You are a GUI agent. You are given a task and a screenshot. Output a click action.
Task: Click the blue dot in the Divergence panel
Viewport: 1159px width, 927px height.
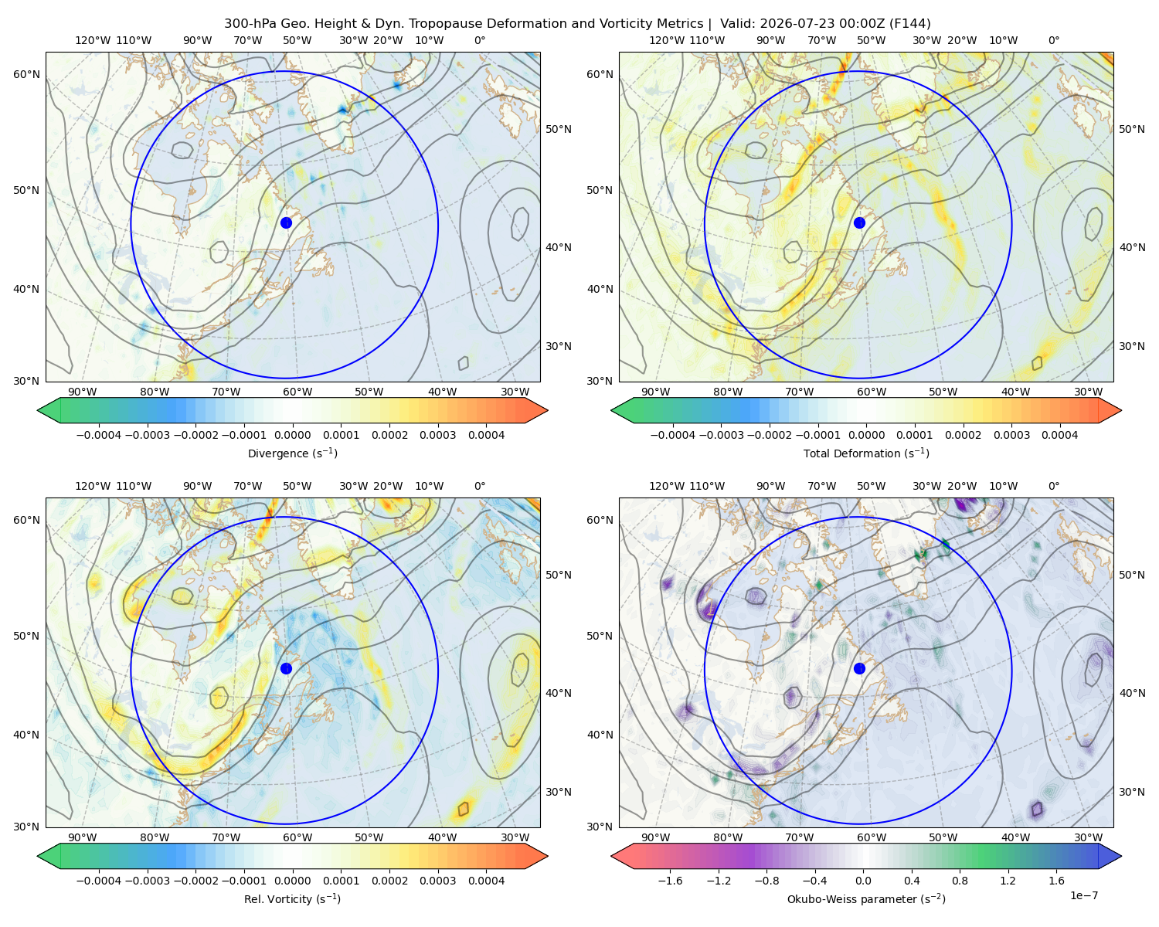pyautogui.click(x=286, y=222)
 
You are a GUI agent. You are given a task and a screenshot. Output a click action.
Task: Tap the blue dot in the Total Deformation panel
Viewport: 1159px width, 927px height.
pyautogui.click(x=859, y=222)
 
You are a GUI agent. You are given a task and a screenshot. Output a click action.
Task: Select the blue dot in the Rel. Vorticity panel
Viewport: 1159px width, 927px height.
pyautogui.click(x=286, y=668)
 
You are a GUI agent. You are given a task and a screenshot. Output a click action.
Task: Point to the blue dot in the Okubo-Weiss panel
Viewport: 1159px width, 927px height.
pyautogui.click(x=859, y=668)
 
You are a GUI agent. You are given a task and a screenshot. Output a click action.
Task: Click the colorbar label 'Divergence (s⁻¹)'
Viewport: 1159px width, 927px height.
pyautogui.click(x=292, y=453)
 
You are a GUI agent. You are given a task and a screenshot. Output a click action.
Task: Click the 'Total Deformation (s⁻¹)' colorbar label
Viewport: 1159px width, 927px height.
pyautogui.click(x=866, y=453)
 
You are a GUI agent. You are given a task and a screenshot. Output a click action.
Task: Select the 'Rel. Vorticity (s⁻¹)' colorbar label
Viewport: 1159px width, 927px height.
pyautogui.click(x=292, y=899)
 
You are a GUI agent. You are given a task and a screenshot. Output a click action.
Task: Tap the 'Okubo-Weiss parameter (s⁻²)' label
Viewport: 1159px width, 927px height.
pyautogui.click(x=866, y=899)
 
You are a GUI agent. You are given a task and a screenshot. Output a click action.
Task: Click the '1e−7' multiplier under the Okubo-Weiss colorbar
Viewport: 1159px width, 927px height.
pyautogui.click(x=1083, y=896)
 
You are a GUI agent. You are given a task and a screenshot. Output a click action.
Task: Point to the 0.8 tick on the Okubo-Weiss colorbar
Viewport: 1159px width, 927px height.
pyautogui.click(x=960, y=881)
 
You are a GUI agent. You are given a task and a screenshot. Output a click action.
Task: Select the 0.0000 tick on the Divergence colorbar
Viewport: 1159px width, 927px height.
pyautogui.click(x=292, y=435)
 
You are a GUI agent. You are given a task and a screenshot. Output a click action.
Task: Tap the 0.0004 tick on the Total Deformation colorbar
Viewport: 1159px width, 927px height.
pyautogui.click(x=1059, y=435)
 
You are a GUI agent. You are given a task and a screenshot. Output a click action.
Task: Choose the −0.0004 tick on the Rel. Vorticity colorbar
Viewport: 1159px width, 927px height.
pyautogui.click(x=99, y=881)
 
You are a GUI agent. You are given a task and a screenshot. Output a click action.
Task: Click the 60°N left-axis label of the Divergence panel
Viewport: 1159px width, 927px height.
pyautogui.click(x=26, y=74)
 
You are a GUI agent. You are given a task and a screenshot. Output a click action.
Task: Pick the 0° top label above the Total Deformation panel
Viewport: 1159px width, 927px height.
pyautogui.click(x=1053, y=40)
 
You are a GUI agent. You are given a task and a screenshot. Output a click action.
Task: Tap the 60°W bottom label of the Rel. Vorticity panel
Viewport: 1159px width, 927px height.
pyautogui.click(x=297, y=837)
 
